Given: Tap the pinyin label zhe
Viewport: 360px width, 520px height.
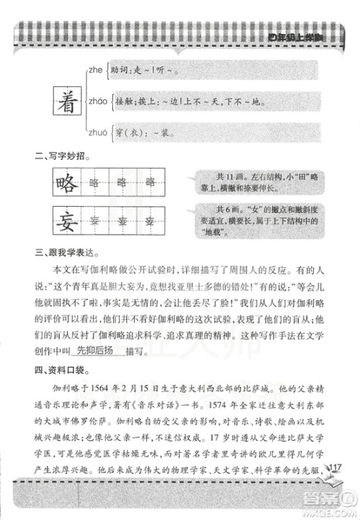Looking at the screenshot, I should (96, 69).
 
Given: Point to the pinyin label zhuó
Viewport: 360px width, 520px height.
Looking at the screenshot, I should (97, 133).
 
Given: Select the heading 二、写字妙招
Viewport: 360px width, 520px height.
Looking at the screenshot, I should (63, 155).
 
